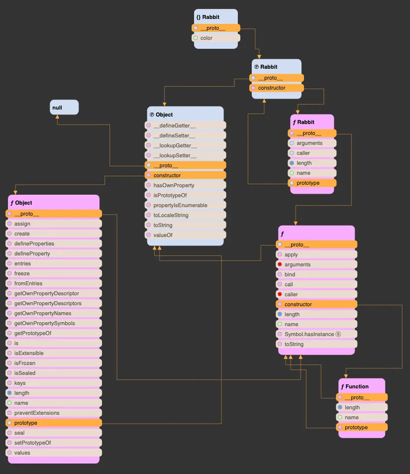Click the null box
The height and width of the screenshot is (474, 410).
[x=64, y=107]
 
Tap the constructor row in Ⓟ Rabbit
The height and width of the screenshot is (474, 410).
[x=276, y=88]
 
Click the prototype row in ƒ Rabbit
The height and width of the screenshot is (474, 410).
[x=312, y=183]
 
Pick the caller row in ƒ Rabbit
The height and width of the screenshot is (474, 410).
[x=312, y=153]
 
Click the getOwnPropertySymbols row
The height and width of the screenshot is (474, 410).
[x=53, y=323]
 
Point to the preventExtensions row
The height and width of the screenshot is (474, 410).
[x=53, y=413]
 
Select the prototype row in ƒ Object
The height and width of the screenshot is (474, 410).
[x=53, y=423]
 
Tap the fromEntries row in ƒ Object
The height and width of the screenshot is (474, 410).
[x=53, y=283]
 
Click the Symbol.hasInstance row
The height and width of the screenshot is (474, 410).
[x=317, y=334]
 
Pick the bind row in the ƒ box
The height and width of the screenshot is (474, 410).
[x=317, y=274]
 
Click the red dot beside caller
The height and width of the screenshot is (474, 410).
[x=280, y=294]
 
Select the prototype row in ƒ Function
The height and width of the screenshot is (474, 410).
[x=361, y=427]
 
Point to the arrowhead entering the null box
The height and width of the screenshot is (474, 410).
[x=57, y=117]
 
